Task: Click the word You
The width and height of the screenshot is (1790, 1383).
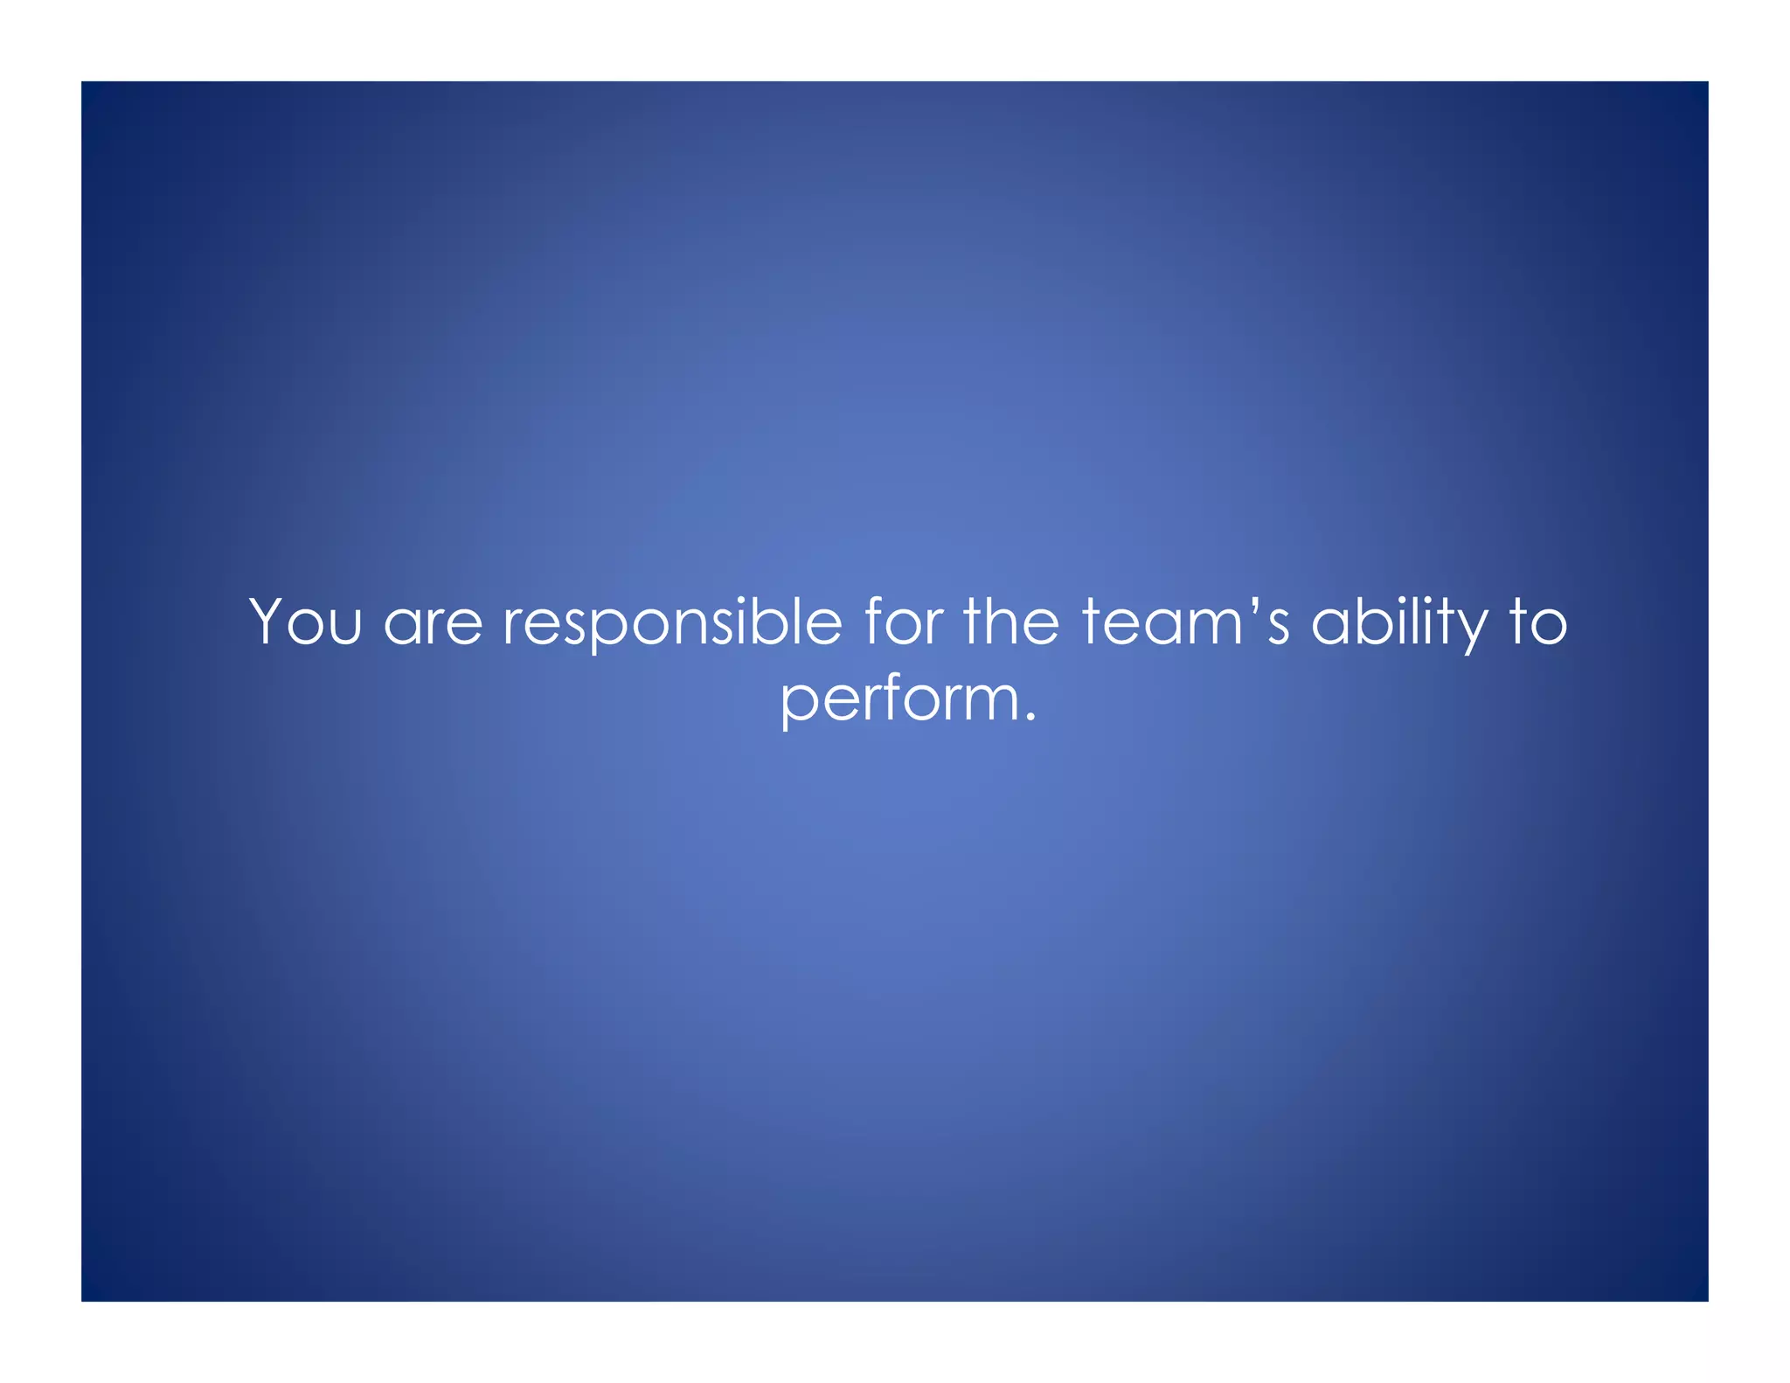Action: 305,622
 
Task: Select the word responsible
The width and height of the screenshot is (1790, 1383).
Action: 672,624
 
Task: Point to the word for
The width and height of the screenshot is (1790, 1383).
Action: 904,622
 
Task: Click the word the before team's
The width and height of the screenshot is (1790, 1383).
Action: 1011,622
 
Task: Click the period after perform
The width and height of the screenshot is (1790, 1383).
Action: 1030,719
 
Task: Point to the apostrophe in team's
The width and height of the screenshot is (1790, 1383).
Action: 1251,603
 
